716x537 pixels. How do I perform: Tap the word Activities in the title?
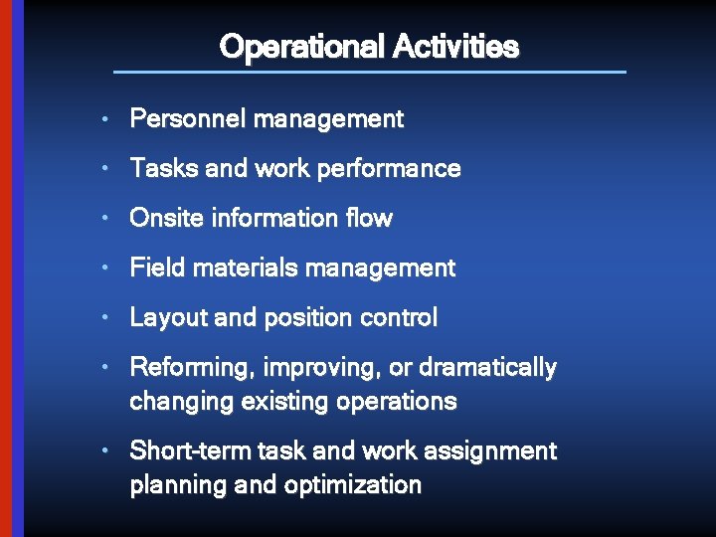[x=455, y=47]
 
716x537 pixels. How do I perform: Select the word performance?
[x=402, y=169]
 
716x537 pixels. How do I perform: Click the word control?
[x=399, y=318]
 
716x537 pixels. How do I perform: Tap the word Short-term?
[x=190, y=451]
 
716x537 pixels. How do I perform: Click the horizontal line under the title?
[x=370, y=72]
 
